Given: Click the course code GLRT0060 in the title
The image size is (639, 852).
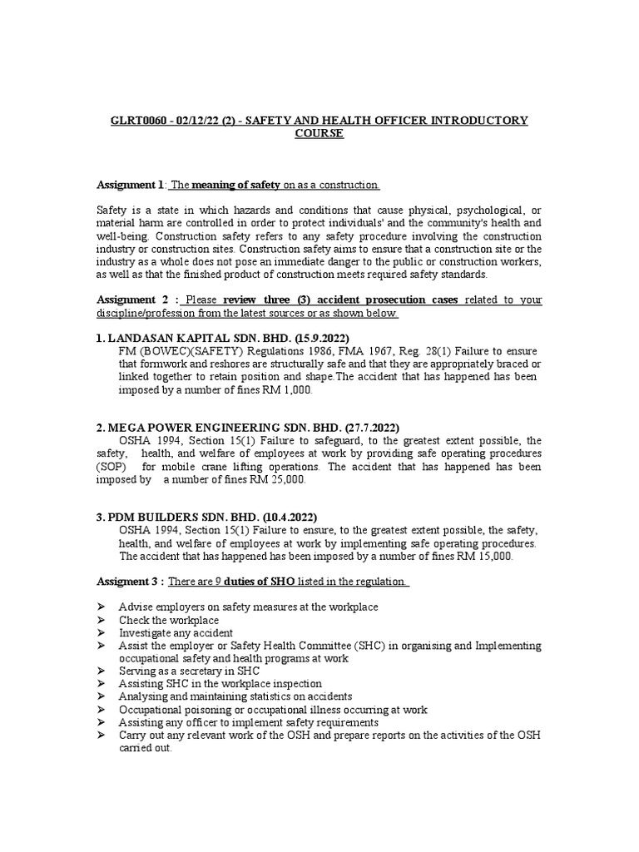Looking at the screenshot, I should coord(140,121).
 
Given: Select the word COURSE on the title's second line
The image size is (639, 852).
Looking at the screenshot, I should coord(319,134).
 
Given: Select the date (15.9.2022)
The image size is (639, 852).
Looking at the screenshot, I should coord(286,339).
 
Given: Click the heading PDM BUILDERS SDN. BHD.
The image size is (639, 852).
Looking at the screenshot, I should coord(176,516).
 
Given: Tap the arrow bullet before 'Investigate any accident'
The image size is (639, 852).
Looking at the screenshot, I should coord(102,632).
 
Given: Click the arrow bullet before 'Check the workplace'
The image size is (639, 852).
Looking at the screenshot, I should coord(102,620).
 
